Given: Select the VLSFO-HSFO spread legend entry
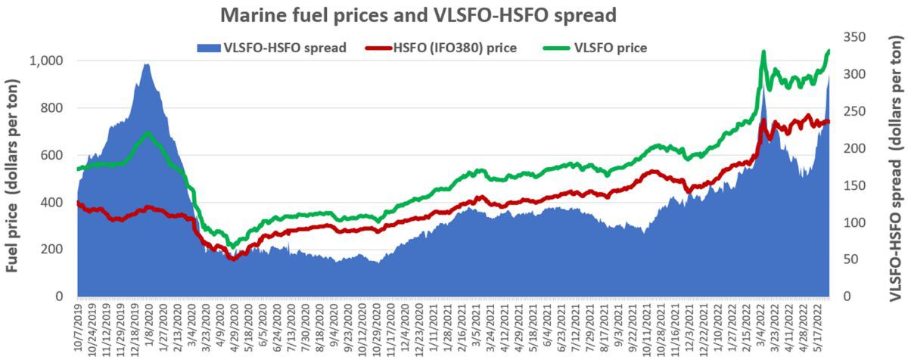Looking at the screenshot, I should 271,48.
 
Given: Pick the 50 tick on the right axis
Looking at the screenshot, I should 854,259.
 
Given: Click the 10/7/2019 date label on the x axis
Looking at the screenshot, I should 80,329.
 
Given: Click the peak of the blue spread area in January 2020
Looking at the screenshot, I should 146,65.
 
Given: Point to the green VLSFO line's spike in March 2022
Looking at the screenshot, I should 763,52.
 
